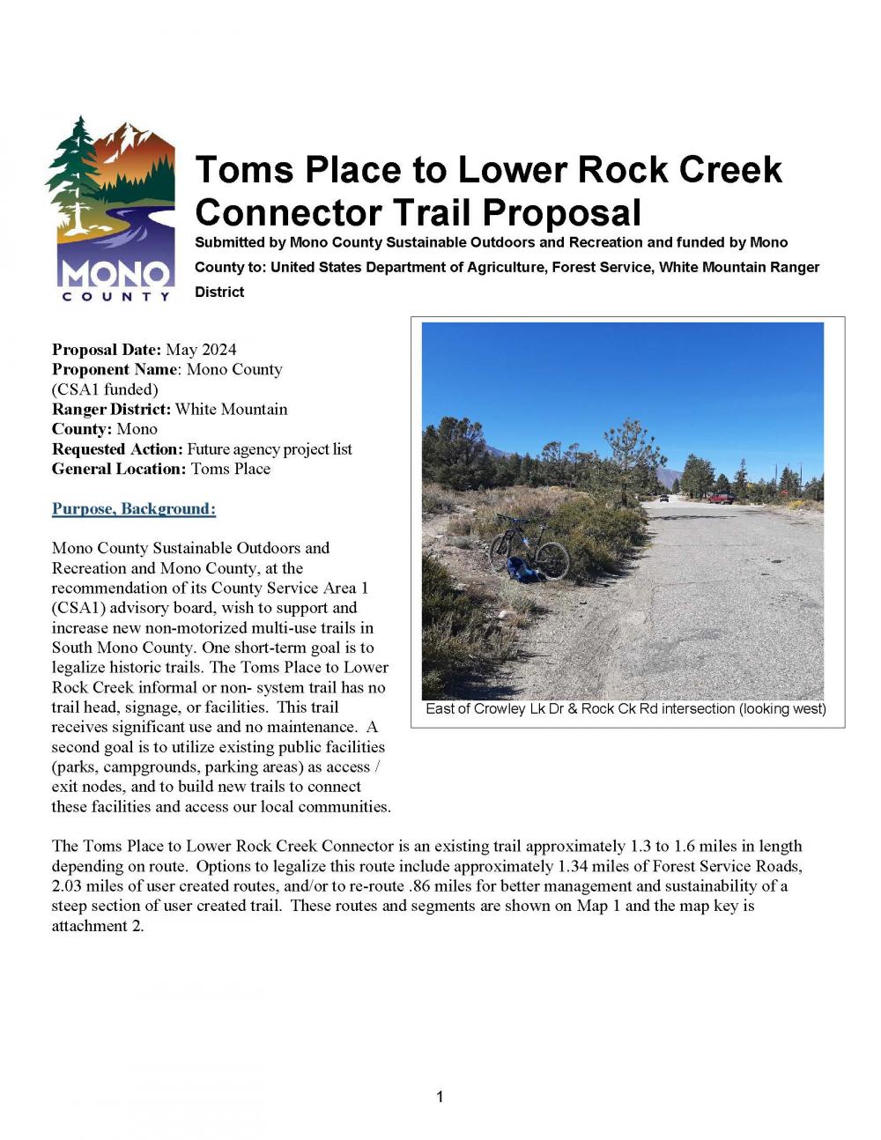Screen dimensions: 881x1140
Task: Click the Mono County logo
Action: (110, 207)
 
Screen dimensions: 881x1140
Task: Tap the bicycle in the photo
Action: (529, 548)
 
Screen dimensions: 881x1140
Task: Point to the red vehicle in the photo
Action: (721, 498)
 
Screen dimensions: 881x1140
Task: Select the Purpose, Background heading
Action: (134, 509)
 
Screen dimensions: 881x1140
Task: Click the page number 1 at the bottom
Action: (440, 1097)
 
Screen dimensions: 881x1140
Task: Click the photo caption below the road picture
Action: (626, 708)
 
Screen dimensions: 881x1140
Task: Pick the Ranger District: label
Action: (111, 410)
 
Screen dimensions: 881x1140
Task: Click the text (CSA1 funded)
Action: (105, 389)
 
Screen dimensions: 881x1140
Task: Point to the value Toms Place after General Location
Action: (231, 469)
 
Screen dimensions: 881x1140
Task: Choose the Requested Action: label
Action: (117, 449)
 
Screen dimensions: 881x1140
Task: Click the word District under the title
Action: (219, 292)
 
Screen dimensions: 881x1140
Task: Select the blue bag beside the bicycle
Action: (527, 572)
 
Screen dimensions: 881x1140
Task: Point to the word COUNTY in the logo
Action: (116, 296)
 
